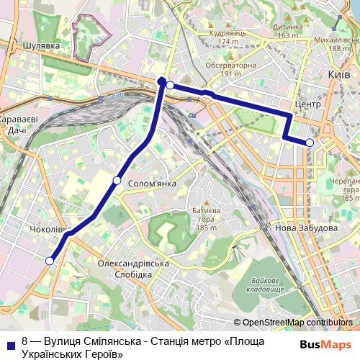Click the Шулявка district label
pyautogui.click(x=40, y=45)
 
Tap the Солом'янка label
pyautogui.click(x=152, y=184)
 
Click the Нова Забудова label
pyautogui.click(x=306, y=228)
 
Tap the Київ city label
pyautogui.click(x=338, y=74)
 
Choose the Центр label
pyautogui.click(x=297, y=104)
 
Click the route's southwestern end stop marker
pyautogui.click(x=50, y=261)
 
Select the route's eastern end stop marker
pyautogui.click(x=310, y=143)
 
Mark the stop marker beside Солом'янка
pyautogui.click(x=117, y=180)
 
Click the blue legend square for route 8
pyautogui.click(x=11, y=341)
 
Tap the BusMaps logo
pyautogui.click(x=325, y=344)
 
